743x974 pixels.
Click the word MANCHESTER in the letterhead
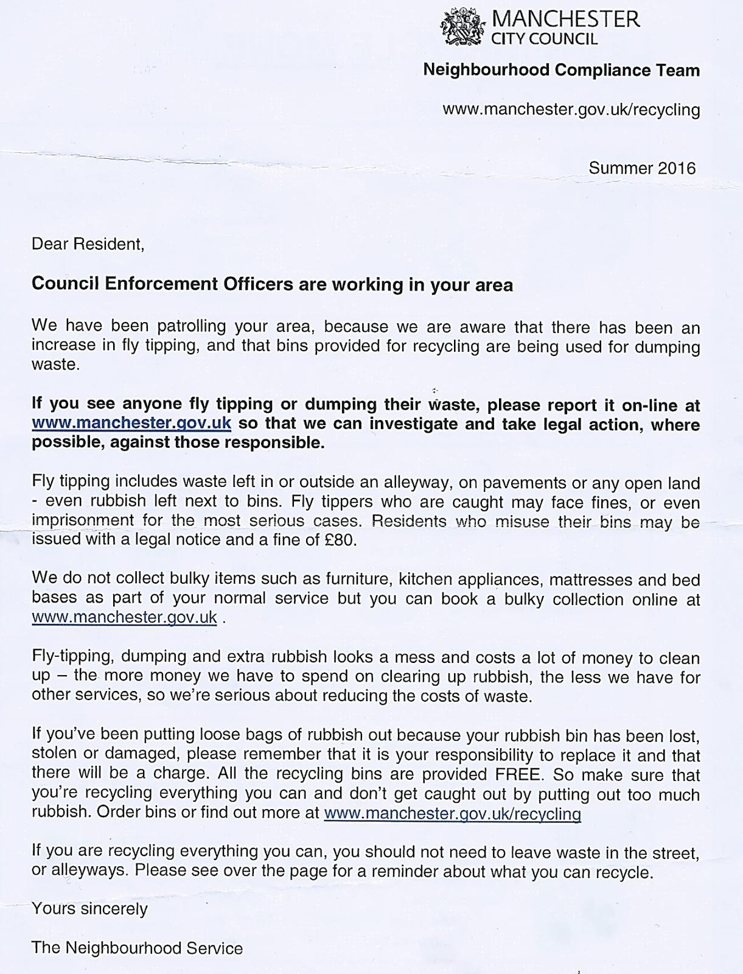(565, 20)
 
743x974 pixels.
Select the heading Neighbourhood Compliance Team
(561, 71)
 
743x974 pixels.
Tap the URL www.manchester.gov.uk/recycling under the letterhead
(571, 110)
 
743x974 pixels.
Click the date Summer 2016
(641, 168)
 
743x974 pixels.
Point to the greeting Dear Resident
(88, 245)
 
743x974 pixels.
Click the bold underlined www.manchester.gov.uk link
(131, 424)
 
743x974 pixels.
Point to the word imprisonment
(82, 521)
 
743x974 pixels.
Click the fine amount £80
(340, 541)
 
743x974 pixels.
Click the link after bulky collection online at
(124, 618)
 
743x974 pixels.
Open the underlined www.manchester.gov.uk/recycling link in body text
(452, 814)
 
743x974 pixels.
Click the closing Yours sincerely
(89, 909)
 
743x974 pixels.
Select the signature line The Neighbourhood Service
(137, 948)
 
